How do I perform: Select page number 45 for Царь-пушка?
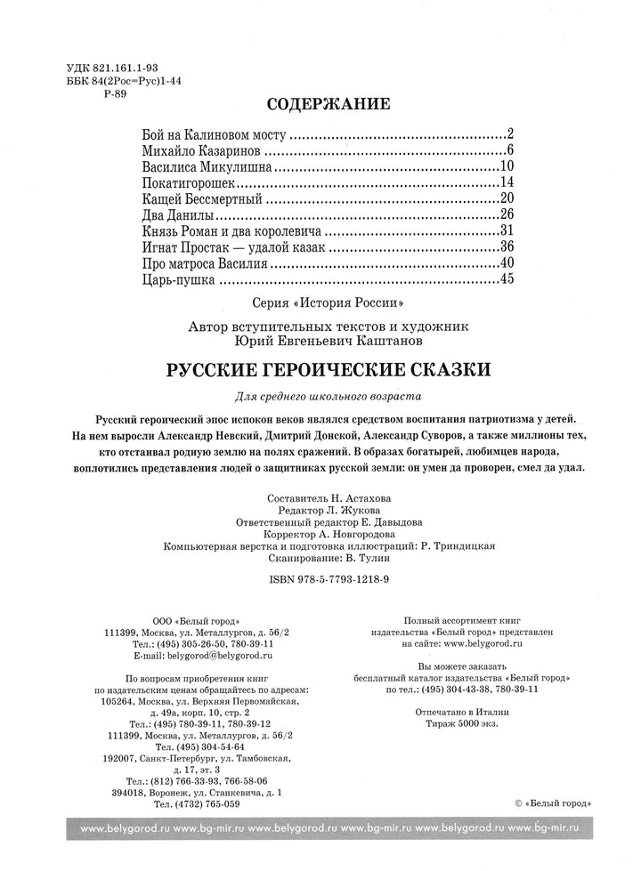[x=508, y=280]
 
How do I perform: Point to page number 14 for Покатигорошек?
[x=508, y=182]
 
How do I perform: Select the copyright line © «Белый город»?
[x=554, y=803]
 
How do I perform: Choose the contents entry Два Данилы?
[x=178, y=214]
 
